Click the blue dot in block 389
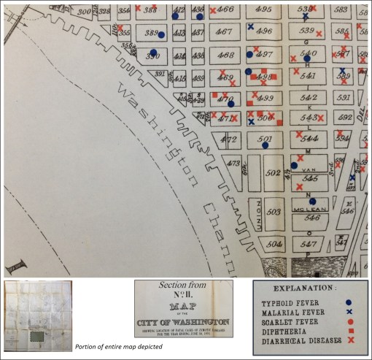pyautogui.click(x=162, y=34)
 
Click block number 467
pyautogui.click(x=225, y=32)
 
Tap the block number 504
pyautogui.click(x=274, y=244)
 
